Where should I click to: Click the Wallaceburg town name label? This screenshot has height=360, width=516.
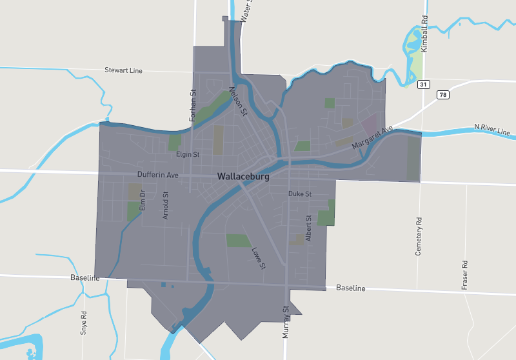click(243, 175)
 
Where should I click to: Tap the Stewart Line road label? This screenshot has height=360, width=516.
click(123, 70)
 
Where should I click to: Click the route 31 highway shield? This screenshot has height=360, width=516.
click(423, 85)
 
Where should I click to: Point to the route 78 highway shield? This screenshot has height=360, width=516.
click(443, 95)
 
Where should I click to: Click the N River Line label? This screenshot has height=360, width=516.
click(492, 129)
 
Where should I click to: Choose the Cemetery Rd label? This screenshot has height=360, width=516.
click(419, 235)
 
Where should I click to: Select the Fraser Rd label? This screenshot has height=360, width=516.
click(464, 275)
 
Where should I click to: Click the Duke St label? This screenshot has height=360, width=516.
click(300, 194)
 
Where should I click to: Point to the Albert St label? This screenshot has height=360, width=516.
click(309, 228)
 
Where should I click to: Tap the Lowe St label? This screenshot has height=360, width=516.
click(258, 257)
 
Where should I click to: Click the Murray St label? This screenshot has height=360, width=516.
click(286, 323)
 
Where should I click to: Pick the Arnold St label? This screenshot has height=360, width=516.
click(166, 205)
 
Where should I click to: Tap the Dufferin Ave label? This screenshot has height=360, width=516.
click(157, 175)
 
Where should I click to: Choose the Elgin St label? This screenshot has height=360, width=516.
click(188, 155)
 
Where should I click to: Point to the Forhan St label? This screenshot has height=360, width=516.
click(192, 106)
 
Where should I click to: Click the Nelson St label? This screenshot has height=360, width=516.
click(239, 102)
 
